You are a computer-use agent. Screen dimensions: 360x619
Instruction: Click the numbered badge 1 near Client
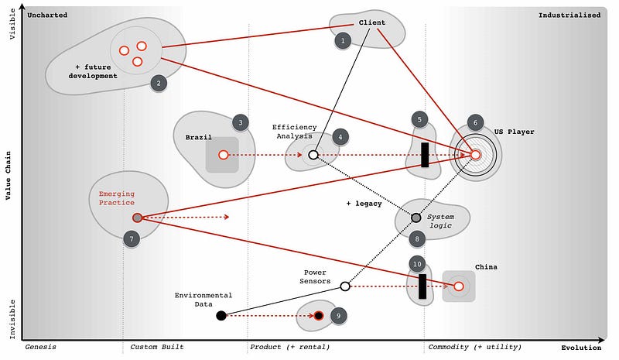coord(343,39)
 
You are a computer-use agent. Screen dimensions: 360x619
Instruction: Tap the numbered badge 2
coord(158,83)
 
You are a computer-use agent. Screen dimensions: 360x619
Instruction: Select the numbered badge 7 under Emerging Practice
coord(132,239)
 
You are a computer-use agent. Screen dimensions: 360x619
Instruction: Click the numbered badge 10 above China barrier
coord(417,263)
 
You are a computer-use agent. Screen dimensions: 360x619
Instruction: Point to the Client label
coord(371,22)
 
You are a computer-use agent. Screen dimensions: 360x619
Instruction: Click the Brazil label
coord(199,137)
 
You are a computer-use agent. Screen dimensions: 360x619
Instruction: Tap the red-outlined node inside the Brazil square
coord(224,155)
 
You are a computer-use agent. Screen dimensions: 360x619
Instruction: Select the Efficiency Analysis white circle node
coord(313,155)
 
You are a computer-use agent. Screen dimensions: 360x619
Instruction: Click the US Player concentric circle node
coord(476,155)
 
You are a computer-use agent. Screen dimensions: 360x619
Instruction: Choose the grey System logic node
coord(416,218)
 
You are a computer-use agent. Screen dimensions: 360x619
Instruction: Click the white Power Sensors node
coord(345,286)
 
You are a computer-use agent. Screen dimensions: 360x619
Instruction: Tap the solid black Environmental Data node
coord(221,315)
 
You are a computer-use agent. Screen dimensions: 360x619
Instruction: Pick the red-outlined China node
coord(458,286)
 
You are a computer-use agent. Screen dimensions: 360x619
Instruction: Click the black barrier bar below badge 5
coord(425,154)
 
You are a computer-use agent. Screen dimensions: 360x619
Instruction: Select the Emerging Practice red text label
coord(116,198)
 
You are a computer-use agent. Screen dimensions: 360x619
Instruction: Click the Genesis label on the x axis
coord(40,347)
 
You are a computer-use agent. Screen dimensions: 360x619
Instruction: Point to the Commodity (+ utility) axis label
coord(464,347)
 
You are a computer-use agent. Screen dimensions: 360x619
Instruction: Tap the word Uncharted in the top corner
coord(47,15)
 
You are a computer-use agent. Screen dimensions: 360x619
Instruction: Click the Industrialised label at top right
coord(569,15)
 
